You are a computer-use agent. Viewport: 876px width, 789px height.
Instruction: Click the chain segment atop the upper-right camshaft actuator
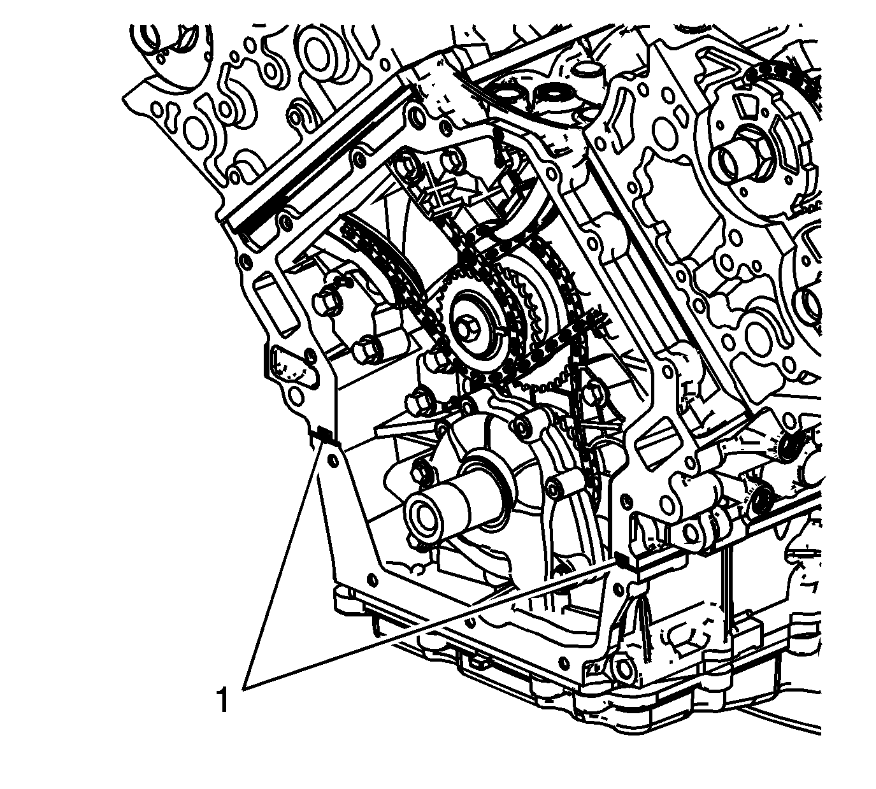pyautogui.click(x=782, y=78)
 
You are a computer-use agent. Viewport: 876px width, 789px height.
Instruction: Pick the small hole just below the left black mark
pyautogui.click(x=332, y=461)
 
